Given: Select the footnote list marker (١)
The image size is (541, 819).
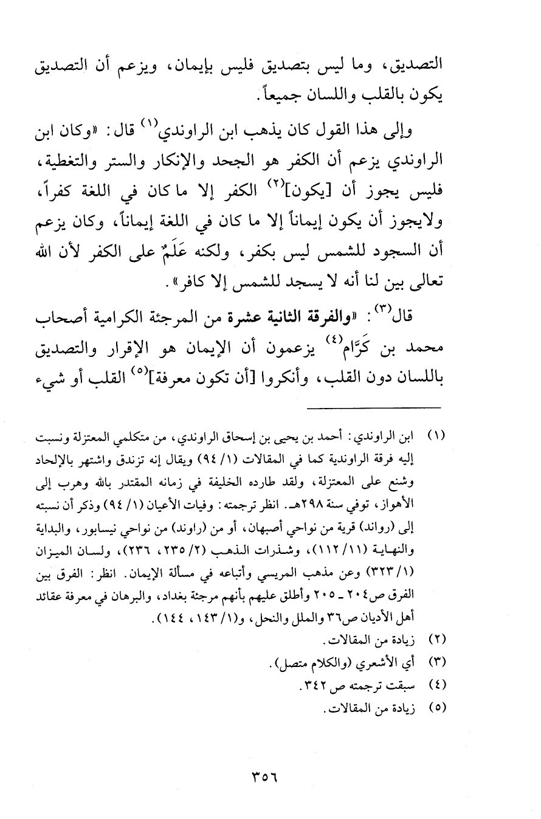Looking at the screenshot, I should [438, 437].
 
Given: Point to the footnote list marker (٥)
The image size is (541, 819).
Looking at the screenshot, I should [438, 708].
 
